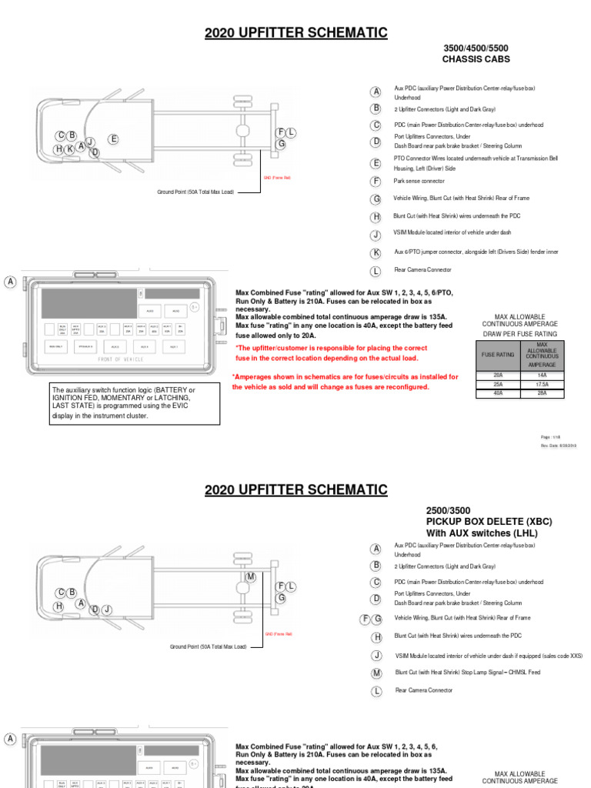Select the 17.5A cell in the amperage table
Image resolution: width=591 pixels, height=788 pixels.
click(x=542, y=383)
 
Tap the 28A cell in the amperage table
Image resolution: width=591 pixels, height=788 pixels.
click(x=542, y=392)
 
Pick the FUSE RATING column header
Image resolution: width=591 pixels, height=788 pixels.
click(x=499, y=355)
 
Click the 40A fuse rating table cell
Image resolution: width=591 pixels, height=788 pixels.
click(x=499, y=392)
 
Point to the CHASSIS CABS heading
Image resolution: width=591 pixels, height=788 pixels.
click(x=476, y=59)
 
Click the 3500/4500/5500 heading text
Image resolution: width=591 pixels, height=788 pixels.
click(x=476, y=48)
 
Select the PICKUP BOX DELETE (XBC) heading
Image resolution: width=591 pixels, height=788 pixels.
click(x=489, y=522)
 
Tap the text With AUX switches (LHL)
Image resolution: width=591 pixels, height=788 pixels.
click(x=482, y=533)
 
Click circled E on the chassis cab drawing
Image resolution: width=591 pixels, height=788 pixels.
click(x=113, y=139)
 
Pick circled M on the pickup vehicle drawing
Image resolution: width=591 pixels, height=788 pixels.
click(x=251, y=577)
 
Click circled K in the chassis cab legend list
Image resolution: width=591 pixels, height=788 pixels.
click(x=376, y=252)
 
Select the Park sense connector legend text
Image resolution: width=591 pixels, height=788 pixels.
click(x=419, y=181)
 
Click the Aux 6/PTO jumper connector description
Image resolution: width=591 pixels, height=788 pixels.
click(x=476, y=252)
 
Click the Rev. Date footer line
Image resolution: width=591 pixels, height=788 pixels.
click(x=559, y=446)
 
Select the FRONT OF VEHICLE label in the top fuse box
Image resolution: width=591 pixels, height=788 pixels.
click(x=120, y=360)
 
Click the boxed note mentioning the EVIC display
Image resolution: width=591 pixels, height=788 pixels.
click(x=134, y=403)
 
